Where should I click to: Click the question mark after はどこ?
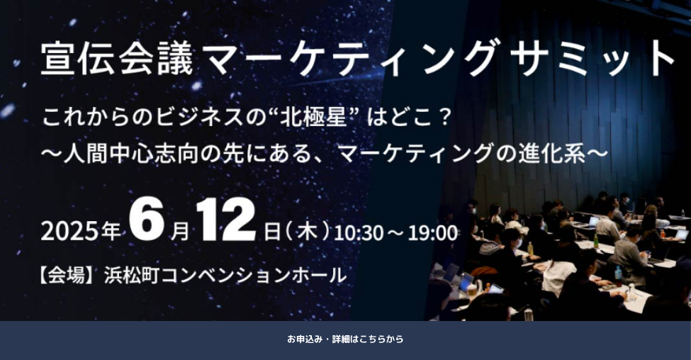pos(444,118)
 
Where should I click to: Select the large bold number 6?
pos(146,220)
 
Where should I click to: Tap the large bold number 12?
pos(225,220)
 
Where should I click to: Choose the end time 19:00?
pos(432,233)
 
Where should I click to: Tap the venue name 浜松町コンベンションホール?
pos(225,276)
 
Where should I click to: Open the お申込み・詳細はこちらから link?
pos(346,339)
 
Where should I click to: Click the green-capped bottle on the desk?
pos(596,240)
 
